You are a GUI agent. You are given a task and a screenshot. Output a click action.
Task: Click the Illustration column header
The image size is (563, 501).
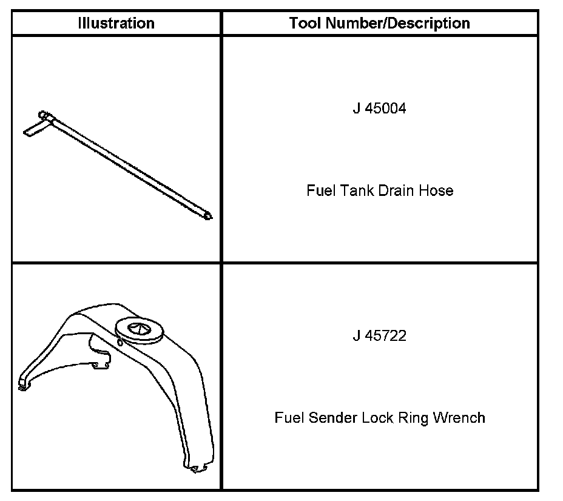click(x=116, y=24)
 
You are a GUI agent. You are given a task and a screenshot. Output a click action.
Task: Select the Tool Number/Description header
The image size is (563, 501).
click(x=379, y=24)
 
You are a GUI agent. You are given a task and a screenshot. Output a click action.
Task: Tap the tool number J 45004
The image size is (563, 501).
click(x=379, y=109)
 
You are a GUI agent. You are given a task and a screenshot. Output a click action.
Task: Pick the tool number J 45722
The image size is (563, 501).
click(x=379, y=336)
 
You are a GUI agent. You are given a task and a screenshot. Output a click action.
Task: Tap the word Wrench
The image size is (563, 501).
click(x=459, y=418)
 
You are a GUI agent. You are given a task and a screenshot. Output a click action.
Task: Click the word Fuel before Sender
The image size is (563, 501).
click(x=289, y=418)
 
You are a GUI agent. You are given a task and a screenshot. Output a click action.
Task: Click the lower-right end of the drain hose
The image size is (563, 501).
click(x=209, y=215)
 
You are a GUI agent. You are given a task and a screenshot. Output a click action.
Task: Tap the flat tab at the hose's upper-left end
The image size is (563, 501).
click(x=34, y=129)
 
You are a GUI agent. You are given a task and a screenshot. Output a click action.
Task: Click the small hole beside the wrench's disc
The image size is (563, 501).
click(x=120, y=342)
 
